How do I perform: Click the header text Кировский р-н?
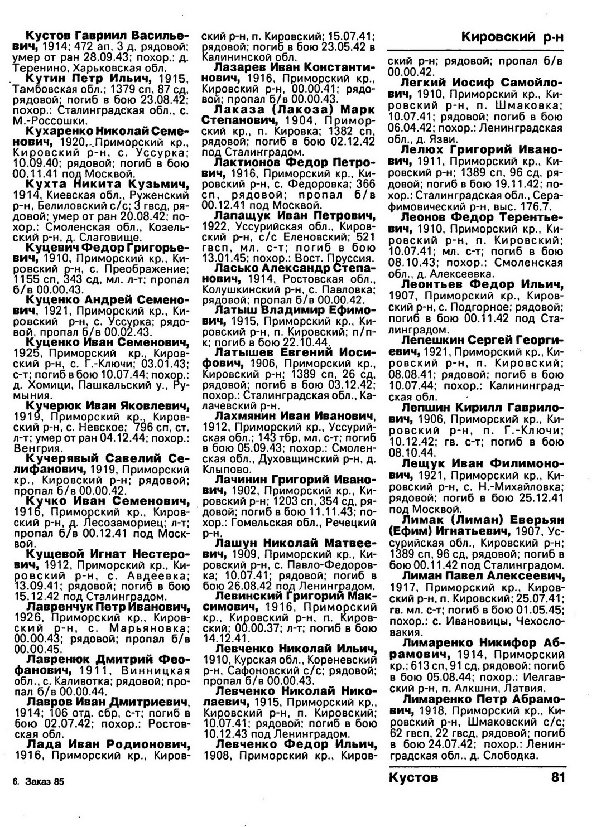[x=512, y=37]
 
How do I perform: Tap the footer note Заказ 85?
[x=44, y=782]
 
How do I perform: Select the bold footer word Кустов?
[x=413, y=777]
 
